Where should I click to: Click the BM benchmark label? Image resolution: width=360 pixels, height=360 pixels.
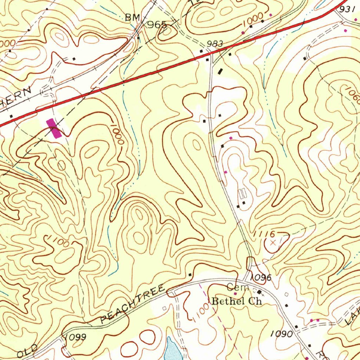click(x=133, y=18)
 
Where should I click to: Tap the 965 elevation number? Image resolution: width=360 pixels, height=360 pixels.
click(x=157, y=25)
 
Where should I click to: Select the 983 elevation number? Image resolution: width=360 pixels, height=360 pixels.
click(x=214, y=44)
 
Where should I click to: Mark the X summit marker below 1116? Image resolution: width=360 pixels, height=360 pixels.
click(x=273, y=243)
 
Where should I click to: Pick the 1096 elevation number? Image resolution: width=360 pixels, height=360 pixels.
click(x=261, y=278)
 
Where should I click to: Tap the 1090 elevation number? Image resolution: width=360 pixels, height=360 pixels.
click(x=282, y=334)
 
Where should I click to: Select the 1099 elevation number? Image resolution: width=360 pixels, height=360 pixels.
click(x=75, y=337)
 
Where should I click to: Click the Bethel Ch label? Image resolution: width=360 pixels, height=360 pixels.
click(x=237, y=301)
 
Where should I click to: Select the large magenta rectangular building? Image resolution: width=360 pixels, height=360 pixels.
click(x=54, y=128)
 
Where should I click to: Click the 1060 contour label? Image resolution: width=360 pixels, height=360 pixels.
click(x=353, y=95)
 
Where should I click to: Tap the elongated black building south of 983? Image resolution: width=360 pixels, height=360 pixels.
click(x=220, y=71)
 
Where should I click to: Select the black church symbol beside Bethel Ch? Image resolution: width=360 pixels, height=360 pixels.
click(x=260, y=292)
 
